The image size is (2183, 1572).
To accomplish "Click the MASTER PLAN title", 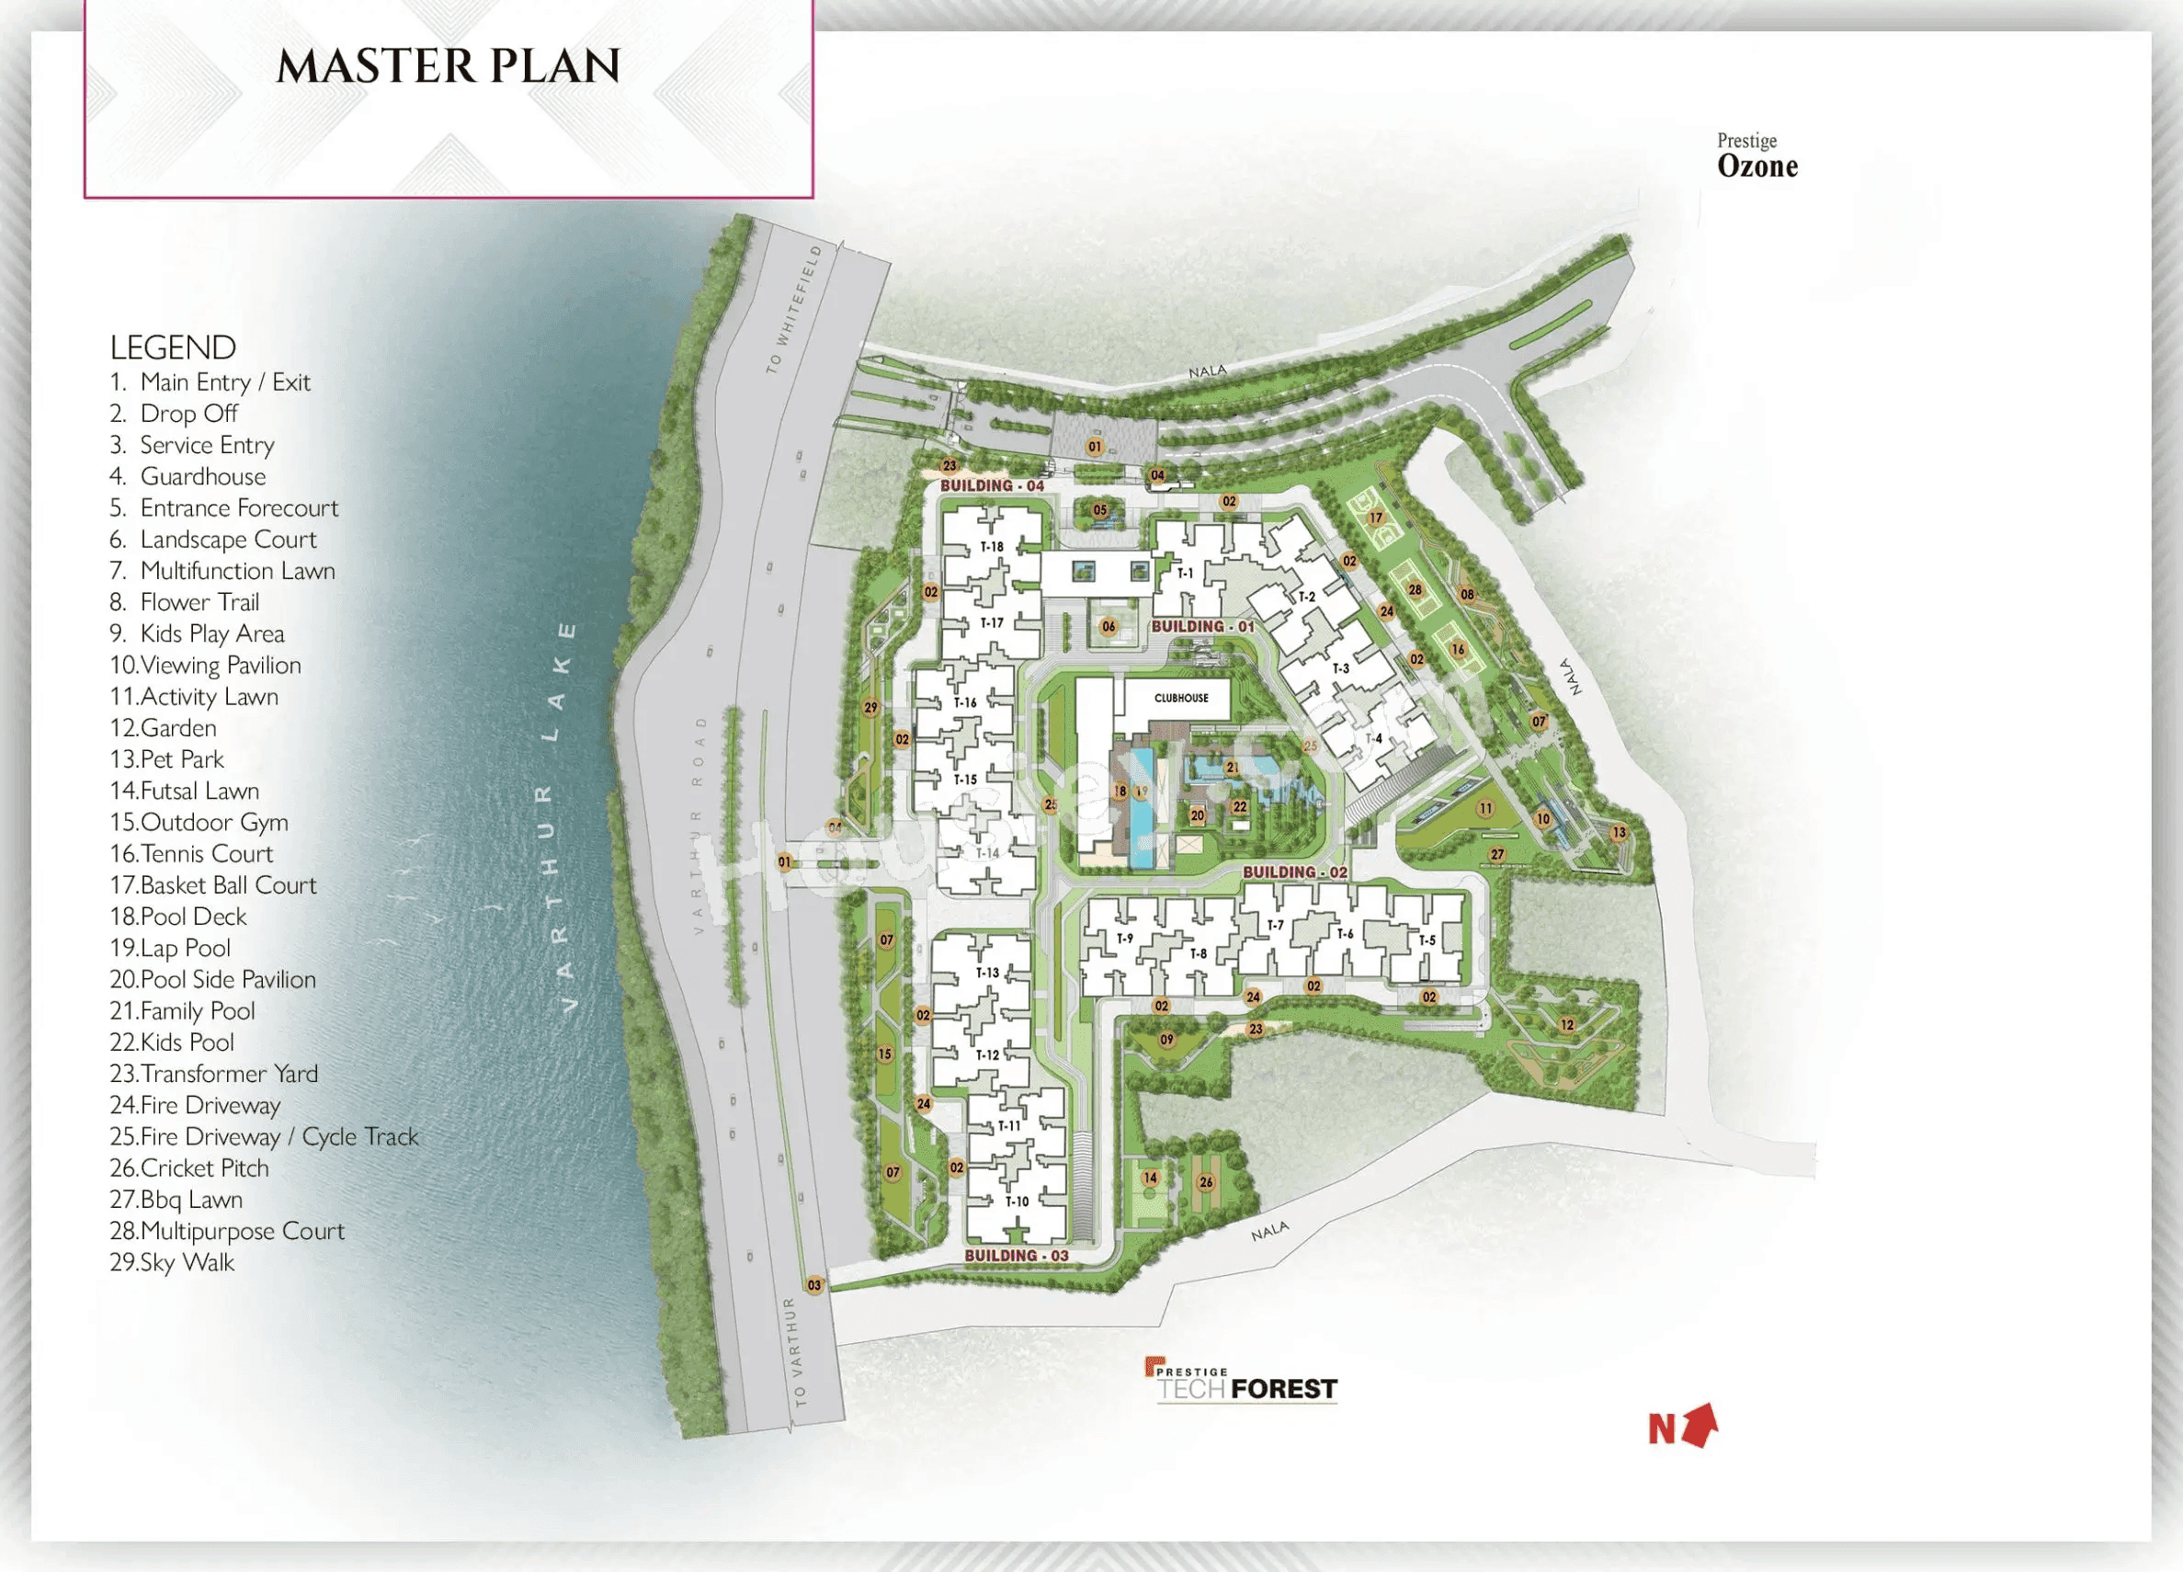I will pyautogui.click(x=449, y=66).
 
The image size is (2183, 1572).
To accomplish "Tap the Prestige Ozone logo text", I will pyautogui.click(x=1757, y=157).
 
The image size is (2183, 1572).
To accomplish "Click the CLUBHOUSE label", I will pyautogui.click(x=1181, y=698).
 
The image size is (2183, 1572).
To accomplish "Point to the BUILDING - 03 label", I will pyautogui.click(x=1017, y=1255).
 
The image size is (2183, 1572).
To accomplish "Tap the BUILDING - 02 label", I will pyautogui.click(x=1294, y=872).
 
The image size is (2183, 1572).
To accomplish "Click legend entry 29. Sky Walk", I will pyautogui.click(x=172, y=1262).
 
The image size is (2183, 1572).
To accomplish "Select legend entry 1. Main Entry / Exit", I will pyautogui.click(x=210, y=382).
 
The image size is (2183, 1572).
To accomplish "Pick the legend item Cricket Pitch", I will pyautogui.click(x=189, y=1168).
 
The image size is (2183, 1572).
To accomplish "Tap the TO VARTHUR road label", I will pyautogui.click(x=795, y=1351).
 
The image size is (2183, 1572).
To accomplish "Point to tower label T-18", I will pyautogui.click(x=992, y=547).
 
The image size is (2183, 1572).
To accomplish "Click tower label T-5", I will pyautogui.click(x=1427, y=940).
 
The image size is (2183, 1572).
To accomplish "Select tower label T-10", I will pyautogui.click(x=1017, y=1202).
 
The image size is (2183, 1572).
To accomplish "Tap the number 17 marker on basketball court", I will pyautogui.click(x=1375, y=518).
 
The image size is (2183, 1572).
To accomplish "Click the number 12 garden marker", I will pyautogui.click(x=1567, y=1025).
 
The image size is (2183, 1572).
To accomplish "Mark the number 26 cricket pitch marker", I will pyautogui.click(x=1206, y=1182).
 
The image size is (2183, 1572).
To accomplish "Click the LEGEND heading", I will pyautogui.click(x=173, y=347).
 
